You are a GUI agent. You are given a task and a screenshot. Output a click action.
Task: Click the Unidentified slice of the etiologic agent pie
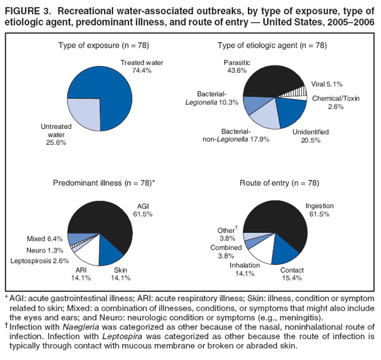pyautogui.click(x=291, y=112)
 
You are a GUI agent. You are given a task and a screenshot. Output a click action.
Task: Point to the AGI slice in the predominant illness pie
pyautogui.click(x=110, y=223)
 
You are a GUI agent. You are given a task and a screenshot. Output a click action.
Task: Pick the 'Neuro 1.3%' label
pyautogui.click(x=45, y=250)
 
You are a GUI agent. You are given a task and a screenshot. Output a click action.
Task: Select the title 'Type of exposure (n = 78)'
pyautogui.click(x=103, y=46)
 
